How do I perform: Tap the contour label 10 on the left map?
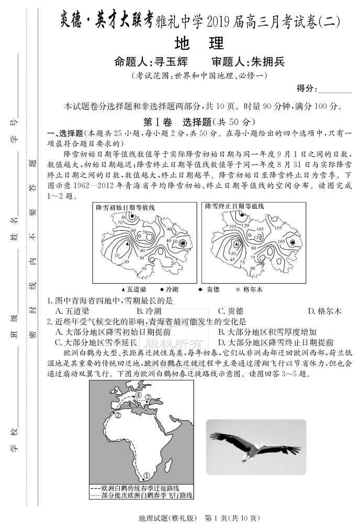point(117,255)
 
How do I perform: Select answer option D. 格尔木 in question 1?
point(324,311)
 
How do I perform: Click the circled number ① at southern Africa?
point(147,475)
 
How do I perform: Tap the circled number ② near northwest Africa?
point(118,415)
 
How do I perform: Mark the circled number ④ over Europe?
point(138,396)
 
